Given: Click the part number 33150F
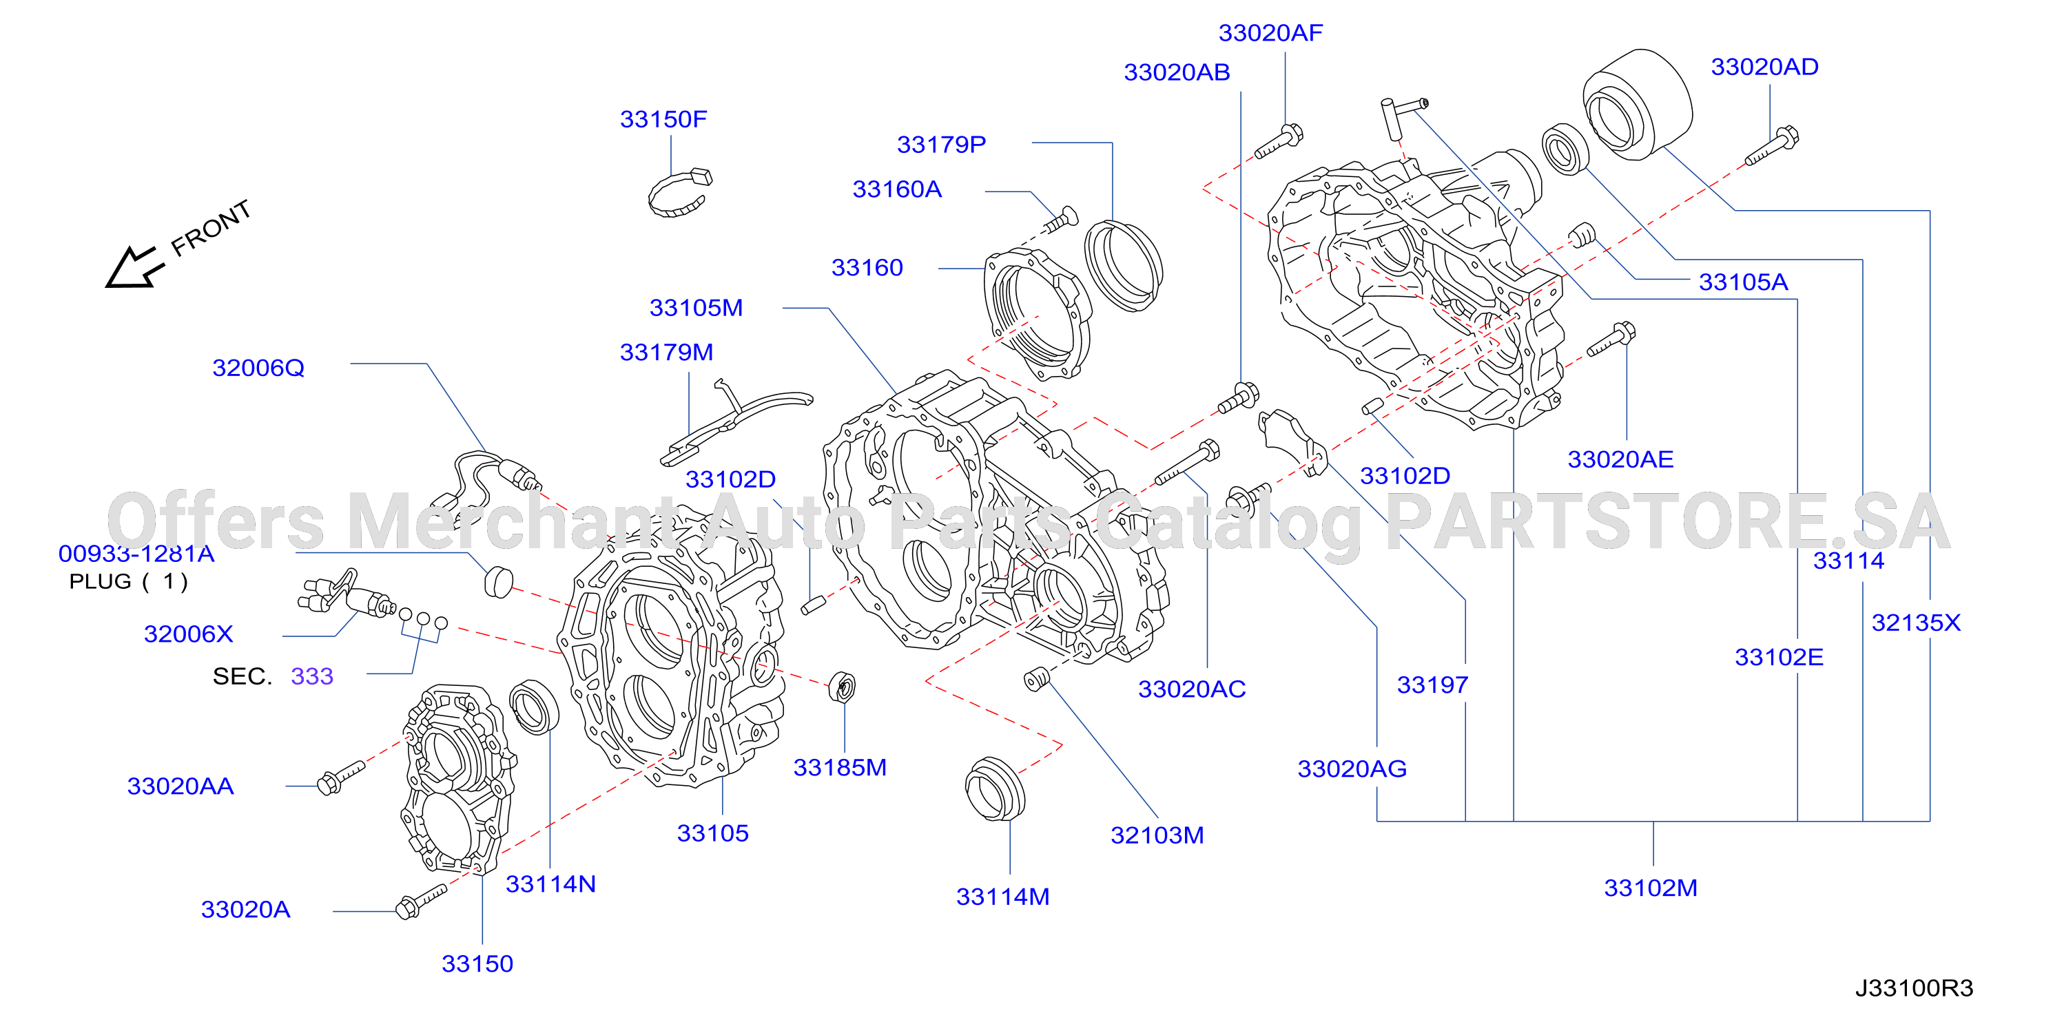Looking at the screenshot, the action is pos(663,119).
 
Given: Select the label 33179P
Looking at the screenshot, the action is pos(941,145).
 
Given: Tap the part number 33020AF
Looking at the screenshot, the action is pos(1270,34).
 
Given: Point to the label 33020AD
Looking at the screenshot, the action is pos(1764,67).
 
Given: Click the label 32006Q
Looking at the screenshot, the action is pos(258,368).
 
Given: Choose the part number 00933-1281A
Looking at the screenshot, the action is pos(136,554).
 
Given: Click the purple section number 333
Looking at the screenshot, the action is pos(311,676).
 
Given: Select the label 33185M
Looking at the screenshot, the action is pos(840,768).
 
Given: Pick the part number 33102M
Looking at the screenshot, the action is pos(1651,888).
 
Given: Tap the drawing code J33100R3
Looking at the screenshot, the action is pos(1915,988).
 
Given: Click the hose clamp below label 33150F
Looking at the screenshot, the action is pos(679,194).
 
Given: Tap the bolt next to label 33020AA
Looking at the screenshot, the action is pos(340,778).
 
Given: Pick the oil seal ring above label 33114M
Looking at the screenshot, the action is pos(995,789).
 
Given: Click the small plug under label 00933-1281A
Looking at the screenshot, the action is pos(498,581).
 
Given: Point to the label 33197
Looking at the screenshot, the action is pos(1432,686).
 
